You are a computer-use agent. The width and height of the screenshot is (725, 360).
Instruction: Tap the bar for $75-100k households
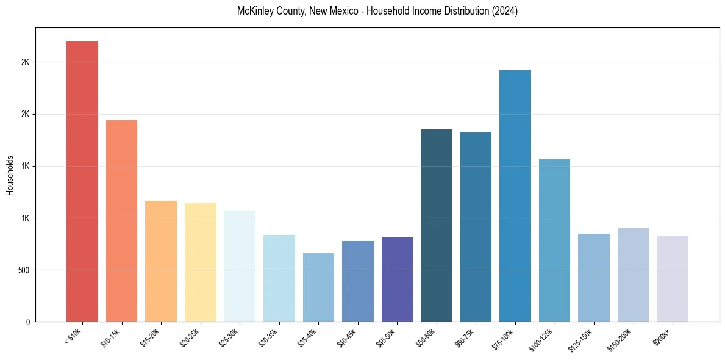[x=515, y=196]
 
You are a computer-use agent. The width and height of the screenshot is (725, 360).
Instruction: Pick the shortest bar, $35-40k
[x=318, y=287]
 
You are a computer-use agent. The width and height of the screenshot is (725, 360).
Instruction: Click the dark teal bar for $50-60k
[x=437, y=225]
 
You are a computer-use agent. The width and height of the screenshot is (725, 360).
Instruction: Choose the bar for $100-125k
[x=554, y=240]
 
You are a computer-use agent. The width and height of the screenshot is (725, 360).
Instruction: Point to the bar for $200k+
[x=673, y=278]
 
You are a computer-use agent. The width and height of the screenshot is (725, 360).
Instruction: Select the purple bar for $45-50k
[x=397, y=279]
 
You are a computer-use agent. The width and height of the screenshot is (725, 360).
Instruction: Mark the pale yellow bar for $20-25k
[x=200, y=262]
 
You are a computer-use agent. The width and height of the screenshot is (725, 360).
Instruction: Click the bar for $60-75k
[x=476, y=227]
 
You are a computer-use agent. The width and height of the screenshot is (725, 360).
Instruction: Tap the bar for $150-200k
[x=633, y=275]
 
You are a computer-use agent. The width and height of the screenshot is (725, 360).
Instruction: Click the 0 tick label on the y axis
[x=28, y=322]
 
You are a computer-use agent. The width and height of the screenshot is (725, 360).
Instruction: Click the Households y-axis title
[x=10, y=175]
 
